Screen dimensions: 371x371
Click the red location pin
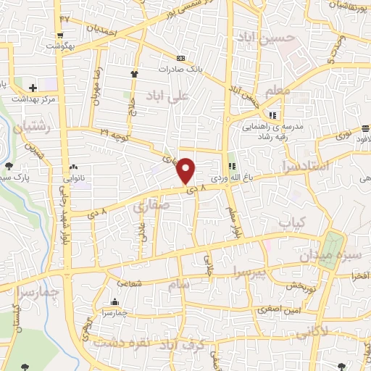pos(186,170)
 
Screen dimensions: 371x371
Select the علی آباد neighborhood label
pos(177,96)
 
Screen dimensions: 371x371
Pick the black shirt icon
pos(134,73)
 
